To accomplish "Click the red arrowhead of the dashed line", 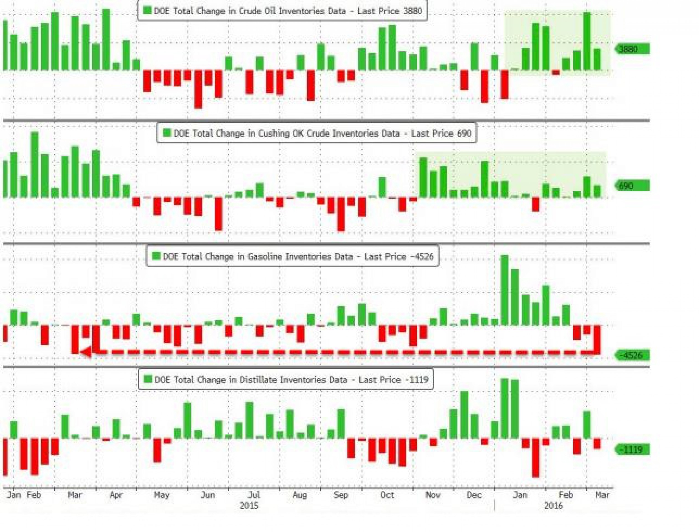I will coord(86,352).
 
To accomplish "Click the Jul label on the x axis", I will coord(254,495).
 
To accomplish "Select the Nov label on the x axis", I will coord(432,495).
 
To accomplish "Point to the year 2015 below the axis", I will coord(249,505).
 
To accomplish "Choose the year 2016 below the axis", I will coord(553,505).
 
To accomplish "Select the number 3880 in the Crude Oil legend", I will coord(413,11).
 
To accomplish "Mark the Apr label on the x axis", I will coord(116,495).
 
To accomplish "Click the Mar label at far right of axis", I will coord(602,495).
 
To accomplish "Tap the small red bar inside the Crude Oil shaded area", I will coord(556,73).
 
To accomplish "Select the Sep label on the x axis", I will coord(341,495).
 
